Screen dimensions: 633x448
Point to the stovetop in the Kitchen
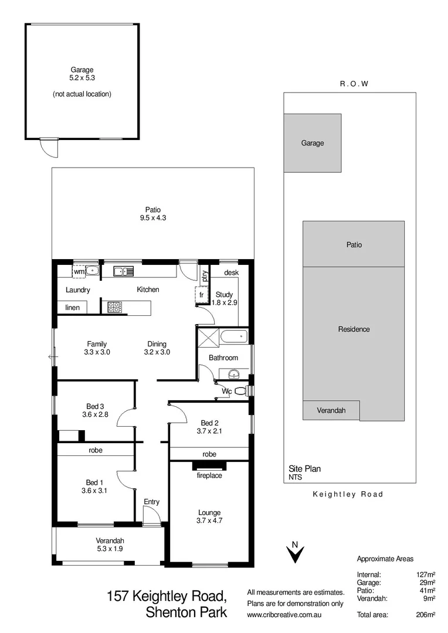[x=114, y=305]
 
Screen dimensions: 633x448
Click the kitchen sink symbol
[x=124, y=271]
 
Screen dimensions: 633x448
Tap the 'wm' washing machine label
[x=79, y=271]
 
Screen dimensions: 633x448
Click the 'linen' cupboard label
[x=72, y=307]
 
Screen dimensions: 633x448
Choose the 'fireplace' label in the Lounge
[x=209, y=475]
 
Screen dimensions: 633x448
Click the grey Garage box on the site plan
[x=313, y=143]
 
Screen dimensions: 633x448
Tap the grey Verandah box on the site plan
[x=331, y=410]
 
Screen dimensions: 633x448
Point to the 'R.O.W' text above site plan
[x=354, y=84]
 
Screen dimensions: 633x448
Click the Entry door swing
[x=150, y=517]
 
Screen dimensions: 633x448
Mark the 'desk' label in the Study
[x=231, y=273]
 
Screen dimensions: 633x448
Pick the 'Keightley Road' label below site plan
[x=348, y=494]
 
